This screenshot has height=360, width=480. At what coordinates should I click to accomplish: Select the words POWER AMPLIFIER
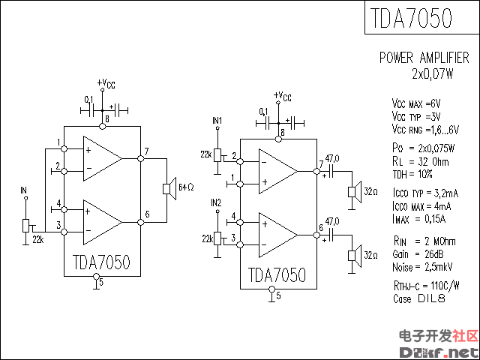(x=424, y=58)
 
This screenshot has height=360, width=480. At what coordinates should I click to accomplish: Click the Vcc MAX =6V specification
(x=416, y=103)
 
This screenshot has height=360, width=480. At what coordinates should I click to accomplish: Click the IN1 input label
(x=217, y=120)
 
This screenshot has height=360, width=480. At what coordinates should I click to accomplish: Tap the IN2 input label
(x=217, y=202)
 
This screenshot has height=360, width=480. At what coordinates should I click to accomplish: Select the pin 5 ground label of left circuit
(x=101, y=282)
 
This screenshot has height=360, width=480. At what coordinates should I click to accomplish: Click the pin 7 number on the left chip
(x=147, y=152)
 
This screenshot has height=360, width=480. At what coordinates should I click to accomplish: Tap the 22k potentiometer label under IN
(x=37, y=239)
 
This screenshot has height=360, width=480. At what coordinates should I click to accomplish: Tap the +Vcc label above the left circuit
(x=106, y=83)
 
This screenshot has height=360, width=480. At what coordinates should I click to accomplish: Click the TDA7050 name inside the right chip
(x=276, y=274)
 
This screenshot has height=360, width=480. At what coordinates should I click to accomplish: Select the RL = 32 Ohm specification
(x=420, y=160)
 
